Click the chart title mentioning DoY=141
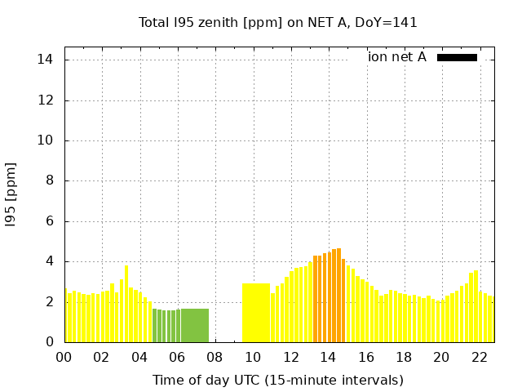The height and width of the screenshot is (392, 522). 278,22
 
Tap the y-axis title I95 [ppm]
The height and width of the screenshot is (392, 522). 11,194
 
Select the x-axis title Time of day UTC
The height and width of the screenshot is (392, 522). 278,380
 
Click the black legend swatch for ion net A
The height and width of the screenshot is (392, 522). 457,57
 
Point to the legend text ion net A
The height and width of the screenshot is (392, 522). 397,57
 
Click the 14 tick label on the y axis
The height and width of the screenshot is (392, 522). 46,60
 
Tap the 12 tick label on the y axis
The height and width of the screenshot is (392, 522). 46,100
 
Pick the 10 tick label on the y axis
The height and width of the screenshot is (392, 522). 46,140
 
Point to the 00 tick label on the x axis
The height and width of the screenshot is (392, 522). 64,357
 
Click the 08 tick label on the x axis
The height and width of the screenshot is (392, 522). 215,357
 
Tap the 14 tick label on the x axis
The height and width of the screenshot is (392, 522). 328,357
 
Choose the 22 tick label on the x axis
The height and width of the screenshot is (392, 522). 479,357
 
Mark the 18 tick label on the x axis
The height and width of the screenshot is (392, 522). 404,357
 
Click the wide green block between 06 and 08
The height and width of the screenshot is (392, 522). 195,325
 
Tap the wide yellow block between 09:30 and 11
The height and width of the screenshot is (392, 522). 256,313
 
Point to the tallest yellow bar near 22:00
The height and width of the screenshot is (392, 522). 476,306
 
